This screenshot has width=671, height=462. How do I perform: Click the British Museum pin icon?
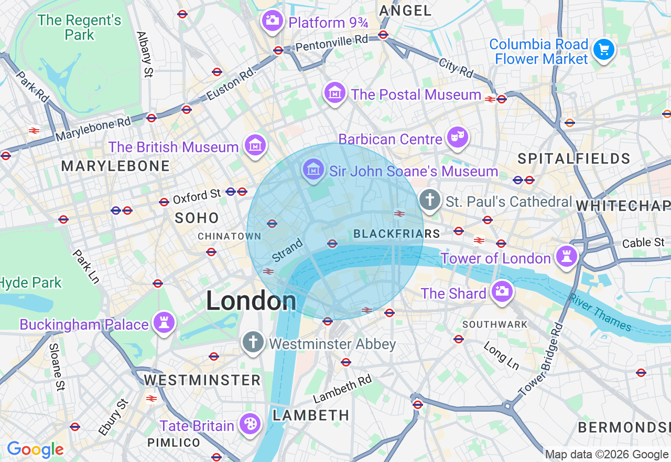coord(255,145)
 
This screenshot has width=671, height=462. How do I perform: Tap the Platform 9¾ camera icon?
coord(272,21)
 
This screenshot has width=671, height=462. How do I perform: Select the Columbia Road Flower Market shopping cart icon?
coord(604,50)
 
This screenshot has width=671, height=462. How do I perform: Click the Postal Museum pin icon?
coord(335,92)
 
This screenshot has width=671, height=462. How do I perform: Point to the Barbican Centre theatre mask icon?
coord(457,138)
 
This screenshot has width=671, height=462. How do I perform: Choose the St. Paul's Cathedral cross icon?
coord(430,200)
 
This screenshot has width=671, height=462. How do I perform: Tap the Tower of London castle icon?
coord(567,257)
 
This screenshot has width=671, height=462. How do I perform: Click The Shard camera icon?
coord(502,291)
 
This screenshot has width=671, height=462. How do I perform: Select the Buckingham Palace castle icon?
coord(164,322)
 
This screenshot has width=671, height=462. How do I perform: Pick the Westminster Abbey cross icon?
coord(253,342)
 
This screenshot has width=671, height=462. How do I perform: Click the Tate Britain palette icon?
coord(250,424)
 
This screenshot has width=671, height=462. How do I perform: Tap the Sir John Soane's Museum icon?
coord(313,170)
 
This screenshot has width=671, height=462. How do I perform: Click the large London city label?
coord(251,301)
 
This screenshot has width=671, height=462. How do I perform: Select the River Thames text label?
coord(600,312)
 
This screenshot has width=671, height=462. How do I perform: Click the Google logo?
coord(35,449)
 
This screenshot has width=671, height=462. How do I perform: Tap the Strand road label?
coord(287,250)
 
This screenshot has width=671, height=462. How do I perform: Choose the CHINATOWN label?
coord(229,237)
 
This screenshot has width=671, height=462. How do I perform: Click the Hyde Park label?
coord(31,282)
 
